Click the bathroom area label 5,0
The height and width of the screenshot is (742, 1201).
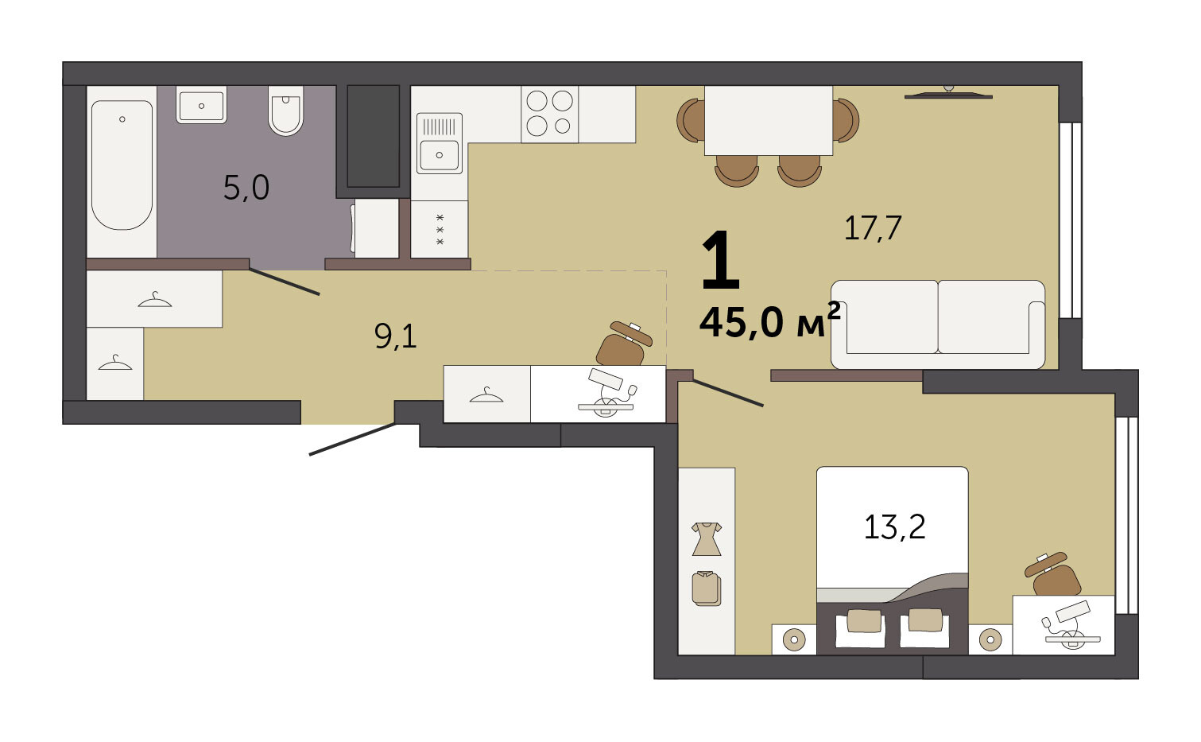(x=246, y=188)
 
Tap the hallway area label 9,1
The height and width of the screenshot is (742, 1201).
(x=396, y=337)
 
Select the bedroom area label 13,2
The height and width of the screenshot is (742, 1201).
(x=895, y=526)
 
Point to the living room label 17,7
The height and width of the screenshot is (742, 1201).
(x=873, y=228)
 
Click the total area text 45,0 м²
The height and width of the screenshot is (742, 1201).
(x=770, y=320)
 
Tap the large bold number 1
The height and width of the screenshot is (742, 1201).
(x=721, y=260)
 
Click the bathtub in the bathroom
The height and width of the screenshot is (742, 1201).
(x=122, y=165)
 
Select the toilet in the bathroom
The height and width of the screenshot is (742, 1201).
(x=286, y=111)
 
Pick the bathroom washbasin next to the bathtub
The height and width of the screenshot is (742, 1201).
(x=201, y=105)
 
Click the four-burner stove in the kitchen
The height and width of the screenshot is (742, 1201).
(x=549, y=114)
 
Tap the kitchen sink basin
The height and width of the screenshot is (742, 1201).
(x=439, y=155)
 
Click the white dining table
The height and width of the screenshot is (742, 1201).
(x=769, y=121)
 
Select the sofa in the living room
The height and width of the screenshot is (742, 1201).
(x=938, y=324)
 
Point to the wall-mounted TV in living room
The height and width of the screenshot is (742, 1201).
(x=948, y=94)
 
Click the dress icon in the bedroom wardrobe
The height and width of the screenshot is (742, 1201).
(x=707, y=539)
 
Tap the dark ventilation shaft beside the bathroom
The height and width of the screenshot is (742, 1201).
(x=373, y=136)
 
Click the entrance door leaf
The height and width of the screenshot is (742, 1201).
(x=353, y=440)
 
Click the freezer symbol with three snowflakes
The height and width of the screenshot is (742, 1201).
(x=440, y=230)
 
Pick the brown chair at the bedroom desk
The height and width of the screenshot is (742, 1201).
(x=1053, y=575)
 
